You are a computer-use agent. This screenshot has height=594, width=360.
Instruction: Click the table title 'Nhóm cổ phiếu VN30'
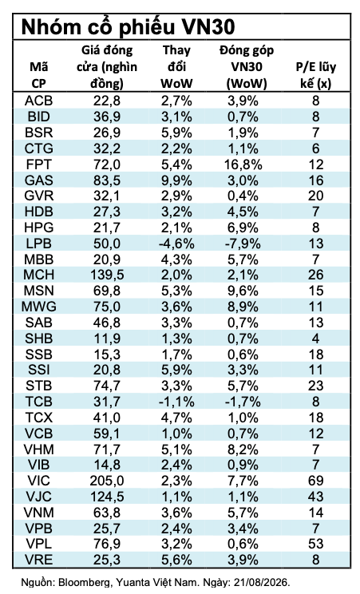128,27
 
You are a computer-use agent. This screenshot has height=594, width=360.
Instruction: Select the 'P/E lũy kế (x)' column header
315,74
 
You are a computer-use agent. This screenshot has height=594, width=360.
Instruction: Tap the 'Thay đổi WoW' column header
176,67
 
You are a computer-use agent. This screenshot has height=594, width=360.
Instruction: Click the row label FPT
38,164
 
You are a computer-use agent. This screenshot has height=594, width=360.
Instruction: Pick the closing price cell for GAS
107,180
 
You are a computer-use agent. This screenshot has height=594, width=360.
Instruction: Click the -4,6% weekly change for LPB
176,244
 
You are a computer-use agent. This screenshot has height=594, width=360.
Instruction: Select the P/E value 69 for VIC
315,481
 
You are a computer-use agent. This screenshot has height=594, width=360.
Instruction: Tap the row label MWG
38,307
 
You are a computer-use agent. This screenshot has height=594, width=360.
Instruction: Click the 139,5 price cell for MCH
107,275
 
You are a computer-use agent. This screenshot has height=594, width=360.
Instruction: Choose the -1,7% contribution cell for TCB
243,402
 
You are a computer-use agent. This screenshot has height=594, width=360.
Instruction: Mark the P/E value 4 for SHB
315,339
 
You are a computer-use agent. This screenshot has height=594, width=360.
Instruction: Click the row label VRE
38,560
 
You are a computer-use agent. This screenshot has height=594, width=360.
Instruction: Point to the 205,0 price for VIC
107,481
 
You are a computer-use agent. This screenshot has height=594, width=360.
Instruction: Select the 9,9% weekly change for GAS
176,180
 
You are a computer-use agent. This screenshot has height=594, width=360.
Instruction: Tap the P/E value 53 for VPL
315,544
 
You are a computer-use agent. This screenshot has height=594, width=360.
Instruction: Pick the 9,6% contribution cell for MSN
243,291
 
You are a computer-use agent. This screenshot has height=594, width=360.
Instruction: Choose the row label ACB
38,101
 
